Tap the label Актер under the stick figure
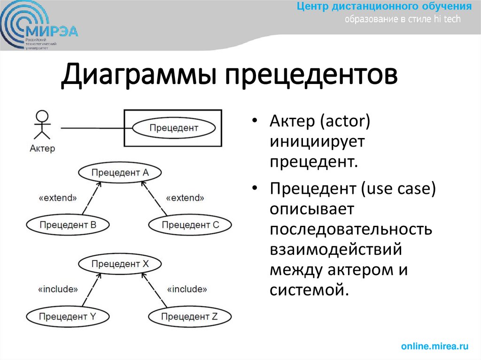point(42,148)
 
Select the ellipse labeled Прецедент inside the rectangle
point(174,128)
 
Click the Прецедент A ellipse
point(120,173)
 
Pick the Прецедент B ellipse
point(68,225)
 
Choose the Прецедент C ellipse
point(190,225)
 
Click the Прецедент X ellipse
point(120,264)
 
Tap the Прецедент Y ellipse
point(68,316)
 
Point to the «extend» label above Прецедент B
point(57,198)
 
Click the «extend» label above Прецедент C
point(186,198)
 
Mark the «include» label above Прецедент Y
point(58,289)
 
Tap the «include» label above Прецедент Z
point(186,289)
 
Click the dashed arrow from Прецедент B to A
point(92,199)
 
